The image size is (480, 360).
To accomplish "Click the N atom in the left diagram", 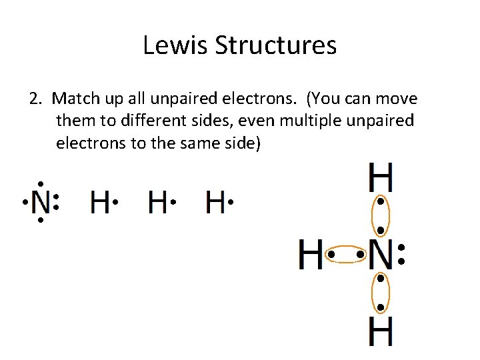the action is coord(41,201).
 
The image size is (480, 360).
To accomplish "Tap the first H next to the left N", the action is coord(100,201).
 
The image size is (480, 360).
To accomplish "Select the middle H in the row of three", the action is coord(157,201).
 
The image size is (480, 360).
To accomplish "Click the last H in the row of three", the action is coord(215,201).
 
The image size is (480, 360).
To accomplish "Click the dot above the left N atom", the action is coord(40,183).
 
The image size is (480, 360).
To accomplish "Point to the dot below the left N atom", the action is coord(40,220).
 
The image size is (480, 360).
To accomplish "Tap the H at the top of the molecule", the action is coord(380,179).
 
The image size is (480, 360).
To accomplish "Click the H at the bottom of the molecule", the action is coord(380,331).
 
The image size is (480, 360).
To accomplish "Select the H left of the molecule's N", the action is coord(311,255).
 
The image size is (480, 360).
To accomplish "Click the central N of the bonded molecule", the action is coord(380,255).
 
